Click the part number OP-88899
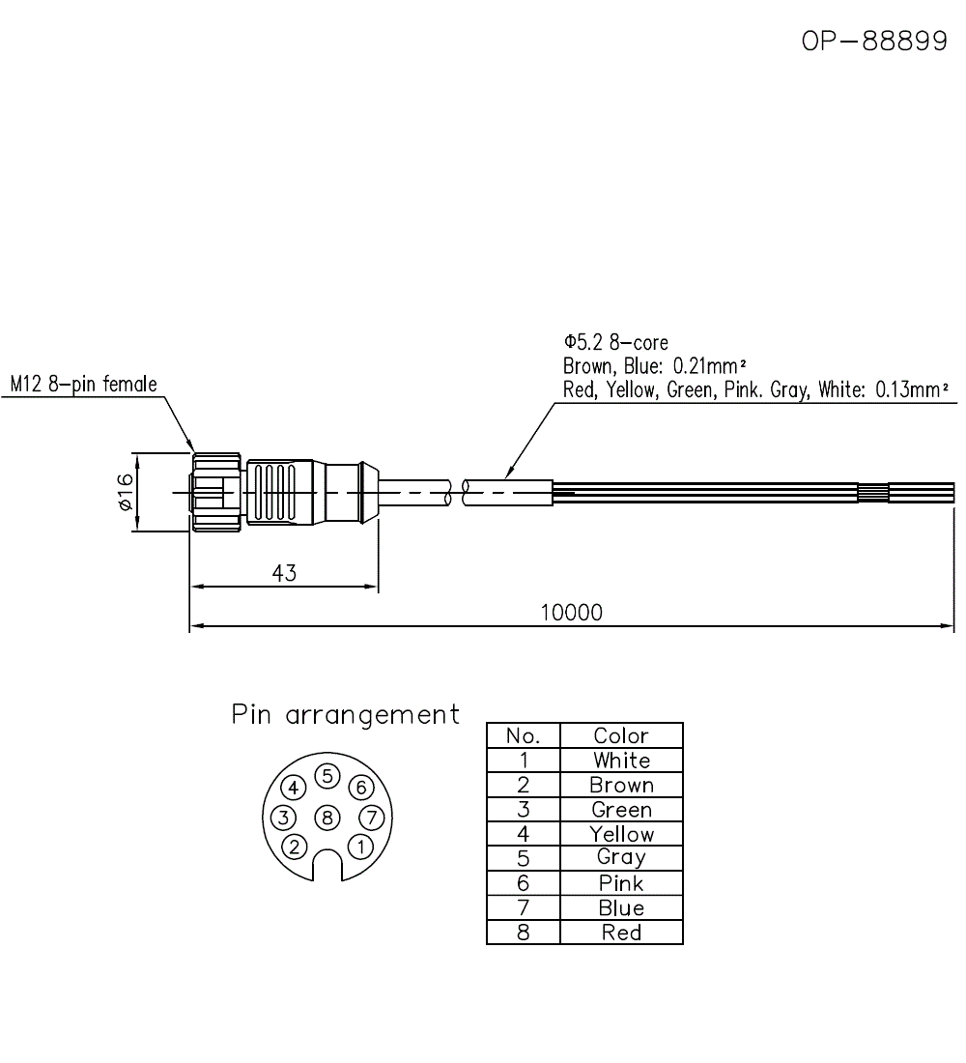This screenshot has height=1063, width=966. (874, 41)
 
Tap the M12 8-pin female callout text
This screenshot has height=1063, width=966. (83, 385)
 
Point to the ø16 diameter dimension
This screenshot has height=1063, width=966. (125, 492)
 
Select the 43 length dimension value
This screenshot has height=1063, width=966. (284, 573)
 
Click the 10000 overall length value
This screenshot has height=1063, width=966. (572, 613)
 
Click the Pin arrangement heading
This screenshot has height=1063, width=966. (345, 715)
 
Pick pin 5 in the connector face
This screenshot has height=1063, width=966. (327, 776)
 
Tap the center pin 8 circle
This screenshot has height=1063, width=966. (327, 818)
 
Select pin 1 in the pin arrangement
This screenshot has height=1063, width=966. (360, 847)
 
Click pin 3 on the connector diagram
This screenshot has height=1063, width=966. (283, 818)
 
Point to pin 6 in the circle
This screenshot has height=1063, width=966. (360, 787)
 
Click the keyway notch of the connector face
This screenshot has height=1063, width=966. (327, 866)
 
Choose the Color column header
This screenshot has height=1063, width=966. (621, 735)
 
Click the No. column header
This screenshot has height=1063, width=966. (524, 735)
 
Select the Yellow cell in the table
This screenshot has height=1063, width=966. (621, 834)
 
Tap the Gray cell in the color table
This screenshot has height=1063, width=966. (621, 858)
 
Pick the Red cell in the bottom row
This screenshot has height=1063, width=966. (621, 933)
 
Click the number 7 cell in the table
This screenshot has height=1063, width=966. (524, 907)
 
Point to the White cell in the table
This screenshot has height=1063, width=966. (621, 760)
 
